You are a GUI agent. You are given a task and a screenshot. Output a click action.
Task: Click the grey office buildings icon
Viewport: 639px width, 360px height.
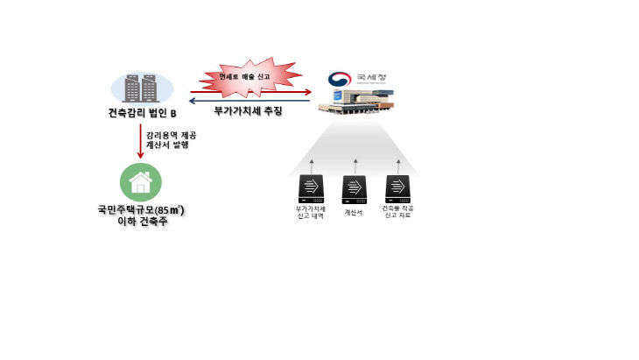(x=142, y=88)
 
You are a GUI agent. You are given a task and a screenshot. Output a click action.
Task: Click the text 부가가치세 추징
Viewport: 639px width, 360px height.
(x=249, y=113)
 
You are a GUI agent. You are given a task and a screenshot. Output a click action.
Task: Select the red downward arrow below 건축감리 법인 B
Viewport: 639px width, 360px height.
(x=139, y=143)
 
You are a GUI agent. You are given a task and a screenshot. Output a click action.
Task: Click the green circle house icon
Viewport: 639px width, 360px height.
(x=139, y=183)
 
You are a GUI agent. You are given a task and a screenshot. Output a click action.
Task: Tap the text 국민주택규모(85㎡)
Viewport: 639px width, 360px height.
(x=140, y=211)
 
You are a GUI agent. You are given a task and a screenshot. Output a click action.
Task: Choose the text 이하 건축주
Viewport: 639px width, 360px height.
(x=140, y=223)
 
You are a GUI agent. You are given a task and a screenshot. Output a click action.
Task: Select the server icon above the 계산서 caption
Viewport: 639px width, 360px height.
(x=353, y=188)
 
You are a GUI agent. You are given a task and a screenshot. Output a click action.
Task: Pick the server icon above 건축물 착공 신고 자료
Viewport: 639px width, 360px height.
(x=397, y=188)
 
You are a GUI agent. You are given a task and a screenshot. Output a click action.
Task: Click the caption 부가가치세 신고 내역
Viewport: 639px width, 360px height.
(x=311, y=213)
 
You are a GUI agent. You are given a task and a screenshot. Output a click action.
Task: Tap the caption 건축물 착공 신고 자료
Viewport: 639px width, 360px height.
(x=398, y=213)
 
